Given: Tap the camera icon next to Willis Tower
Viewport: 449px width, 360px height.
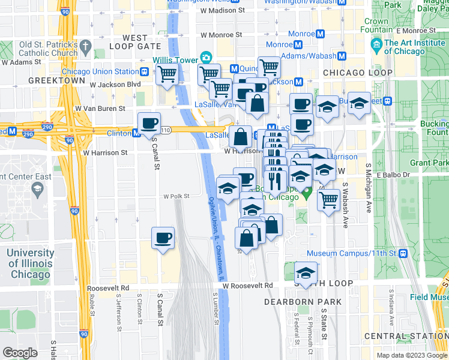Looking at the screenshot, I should [206, 58].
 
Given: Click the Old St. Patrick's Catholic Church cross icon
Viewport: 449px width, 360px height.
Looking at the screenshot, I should [86, 46].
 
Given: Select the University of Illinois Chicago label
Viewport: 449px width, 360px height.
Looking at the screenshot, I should [29, 264].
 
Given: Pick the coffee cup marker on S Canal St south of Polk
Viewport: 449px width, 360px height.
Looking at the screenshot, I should [163, 238].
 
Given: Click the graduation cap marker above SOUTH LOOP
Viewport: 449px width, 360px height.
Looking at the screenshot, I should [306, 272].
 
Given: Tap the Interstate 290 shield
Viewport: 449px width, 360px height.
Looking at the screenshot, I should [47, 128].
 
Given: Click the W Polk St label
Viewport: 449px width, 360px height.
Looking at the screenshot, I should [176, 196].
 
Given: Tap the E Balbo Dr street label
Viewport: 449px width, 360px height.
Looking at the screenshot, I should [393, 175].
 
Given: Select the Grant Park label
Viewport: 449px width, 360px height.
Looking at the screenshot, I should [429, 163].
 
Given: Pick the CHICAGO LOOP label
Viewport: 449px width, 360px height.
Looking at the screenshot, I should [358, 73].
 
